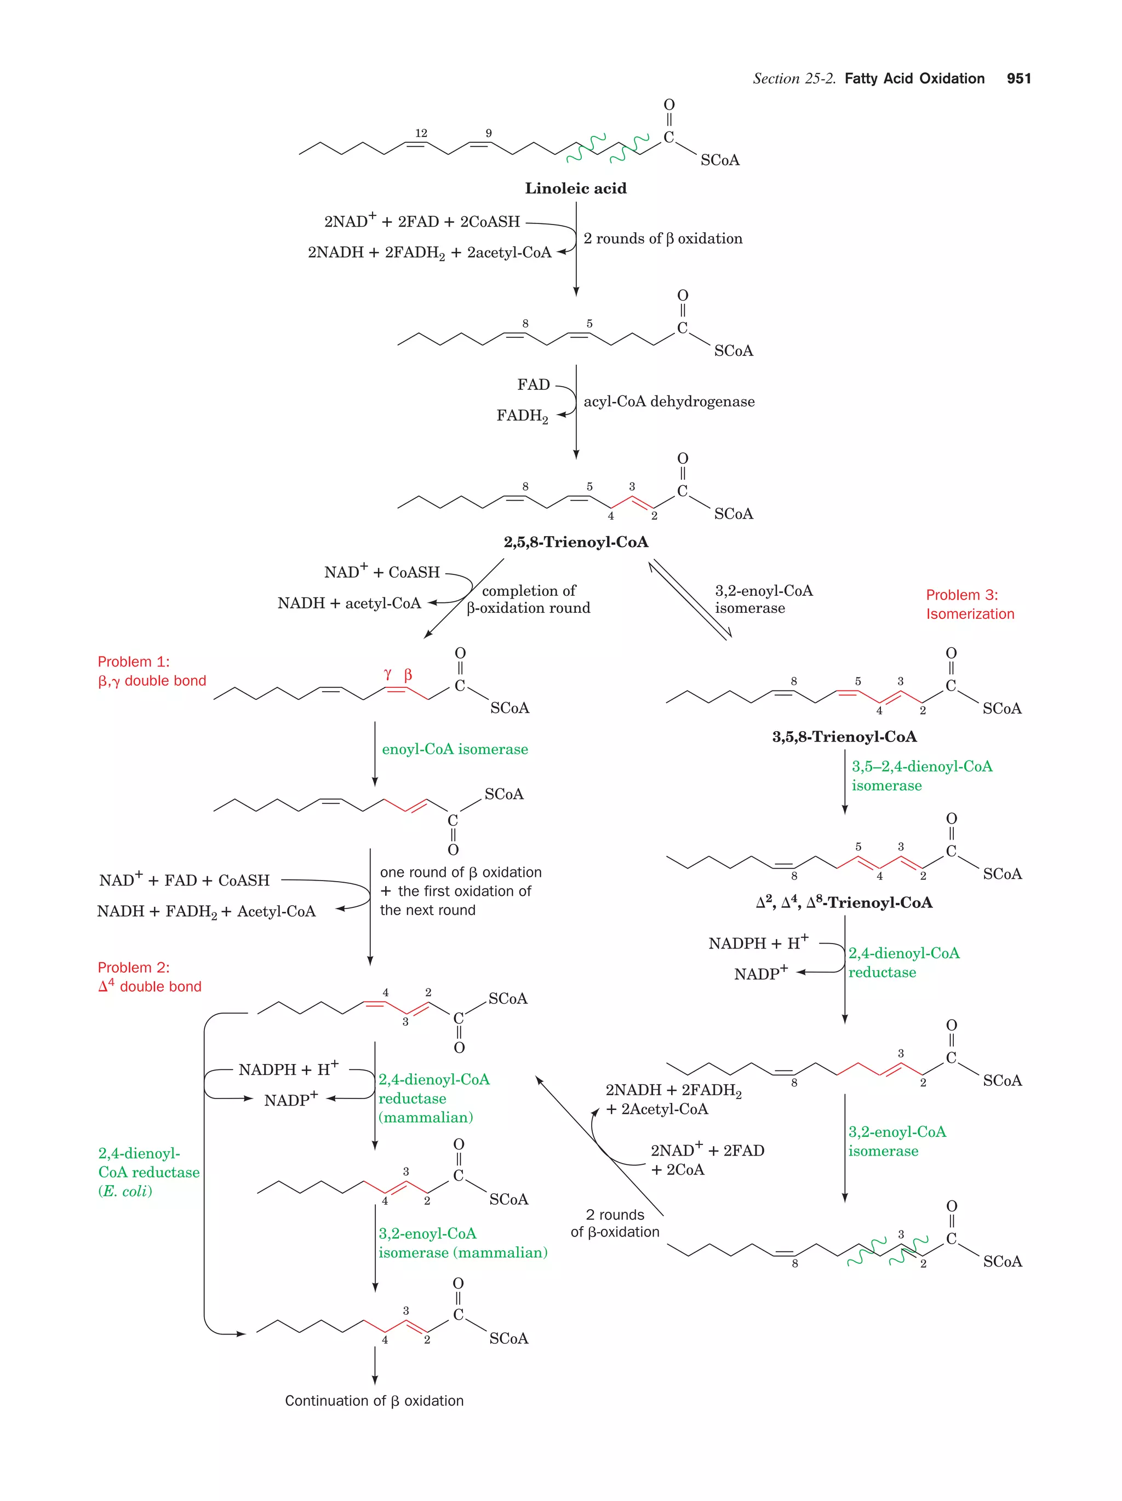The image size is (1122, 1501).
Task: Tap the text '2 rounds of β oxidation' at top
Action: pos(662,239)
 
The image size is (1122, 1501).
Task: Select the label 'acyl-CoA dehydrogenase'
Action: pos(668,402)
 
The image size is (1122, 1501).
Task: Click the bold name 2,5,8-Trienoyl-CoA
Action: pos(576,542)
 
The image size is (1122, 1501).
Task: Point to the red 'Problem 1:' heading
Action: pos(134,662)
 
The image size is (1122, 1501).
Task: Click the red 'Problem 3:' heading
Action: pos(962,595)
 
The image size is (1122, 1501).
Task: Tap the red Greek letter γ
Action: pos(387,674)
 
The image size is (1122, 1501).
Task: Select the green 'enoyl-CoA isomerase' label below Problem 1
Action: pos(455,749)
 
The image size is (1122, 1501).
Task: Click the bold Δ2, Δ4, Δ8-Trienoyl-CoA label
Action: pos(844,902)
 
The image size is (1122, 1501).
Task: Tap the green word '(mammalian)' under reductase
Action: pos(426,1117)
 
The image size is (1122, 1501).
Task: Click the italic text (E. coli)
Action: pos(125,1191)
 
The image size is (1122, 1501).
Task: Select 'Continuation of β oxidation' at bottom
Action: pos(374,1401)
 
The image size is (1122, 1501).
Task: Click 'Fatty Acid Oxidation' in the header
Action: pos(914,79)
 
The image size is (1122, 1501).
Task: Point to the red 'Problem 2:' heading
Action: pos(134,968)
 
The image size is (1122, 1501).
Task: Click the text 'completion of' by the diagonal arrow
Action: pos(528,591)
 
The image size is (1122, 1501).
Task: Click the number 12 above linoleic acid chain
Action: pos(421,133)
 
